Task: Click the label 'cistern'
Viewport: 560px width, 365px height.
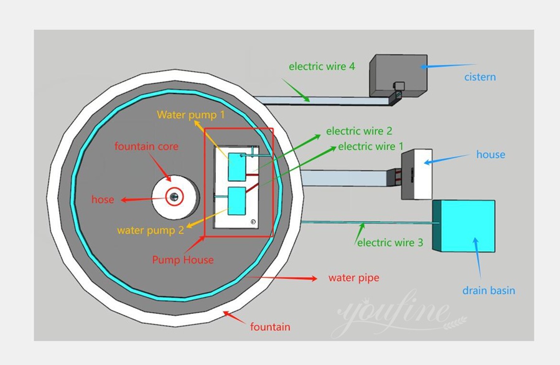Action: (480, 77)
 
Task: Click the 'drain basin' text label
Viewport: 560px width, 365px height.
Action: (488, 290)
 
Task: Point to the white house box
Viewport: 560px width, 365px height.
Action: (418, 174)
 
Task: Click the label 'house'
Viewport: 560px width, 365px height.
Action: (490, 154)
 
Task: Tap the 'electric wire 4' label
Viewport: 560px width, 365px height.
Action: (322, 66)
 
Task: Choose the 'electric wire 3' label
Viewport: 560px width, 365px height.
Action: (390, 242)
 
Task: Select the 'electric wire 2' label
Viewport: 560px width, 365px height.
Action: (359, 131)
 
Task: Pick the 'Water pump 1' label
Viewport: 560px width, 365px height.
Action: (190, 115)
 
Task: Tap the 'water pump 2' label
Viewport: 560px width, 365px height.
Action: (151, 230)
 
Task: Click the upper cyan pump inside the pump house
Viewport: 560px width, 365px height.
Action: (238, 166)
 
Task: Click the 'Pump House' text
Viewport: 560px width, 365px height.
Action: (183, 260)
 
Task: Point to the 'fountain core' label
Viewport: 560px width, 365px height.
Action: (146, 147)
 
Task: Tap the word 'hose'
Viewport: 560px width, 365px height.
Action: (103, 200)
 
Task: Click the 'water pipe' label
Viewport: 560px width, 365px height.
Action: (353, 278)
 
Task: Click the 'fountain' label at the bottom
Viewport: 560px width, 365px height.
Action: (270, 326)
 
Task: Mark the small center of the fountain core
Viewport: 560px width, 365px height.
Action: (174, 197)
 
